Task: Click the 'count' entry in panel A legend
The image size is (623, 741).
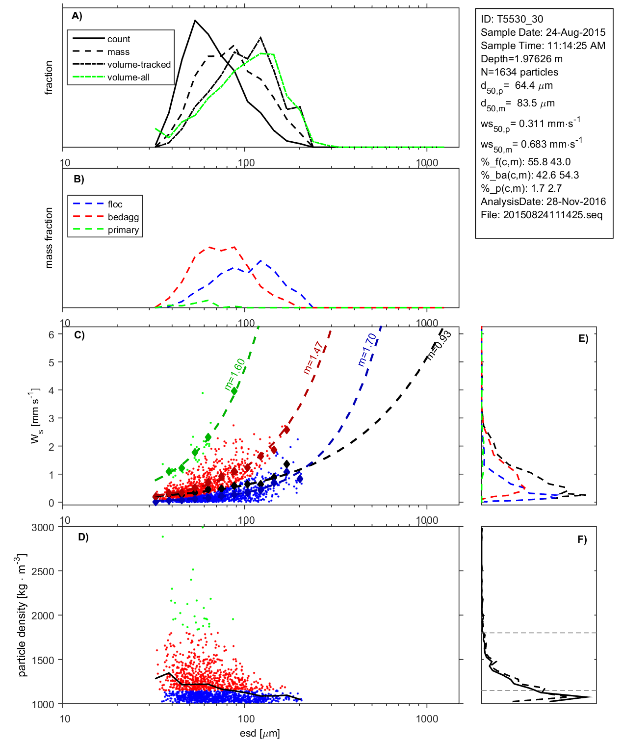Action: (x=118, y=39)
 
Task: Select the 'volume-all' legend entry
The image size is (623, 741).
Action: (x=128, y=77)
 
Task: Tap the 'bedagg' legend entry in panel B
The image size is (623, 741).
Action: (x=123, y=217)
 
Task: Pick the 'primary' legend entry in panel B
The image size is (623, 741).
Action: (x=123, y=230)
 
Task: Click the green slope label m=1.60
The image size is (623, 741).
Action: (x=234, y=375)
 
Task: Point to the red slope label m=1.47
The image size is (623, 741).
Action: (x=314, y=358)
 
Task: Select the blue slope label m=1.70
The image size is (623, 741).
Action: (x=367, y=349)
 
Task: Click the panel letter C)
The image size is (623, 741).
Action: (x=79, y=335)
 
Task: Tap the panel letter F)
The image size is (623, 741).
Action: (x=582, y=539)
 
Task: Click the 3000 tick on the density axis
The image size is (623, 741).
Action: (x=43, y=528)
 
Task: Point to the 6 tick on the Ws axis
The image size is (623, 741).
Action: (x=51, y=334)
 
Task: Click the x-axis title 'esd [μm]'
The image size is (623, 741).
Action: (x=260, y=733)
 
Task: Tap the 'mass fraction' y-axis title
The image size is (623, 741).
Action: (x=49, y=238)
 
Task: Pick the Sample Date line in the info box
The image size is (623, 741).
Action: (x=543, y=32)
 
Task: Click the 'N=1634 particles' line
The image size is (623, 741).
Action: (x=519, y=72)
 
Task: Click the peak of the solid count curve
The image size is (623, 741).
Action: (x=195, y=21)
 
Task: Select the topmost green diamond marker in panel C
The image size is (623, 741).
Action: (x=234, y=391)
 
